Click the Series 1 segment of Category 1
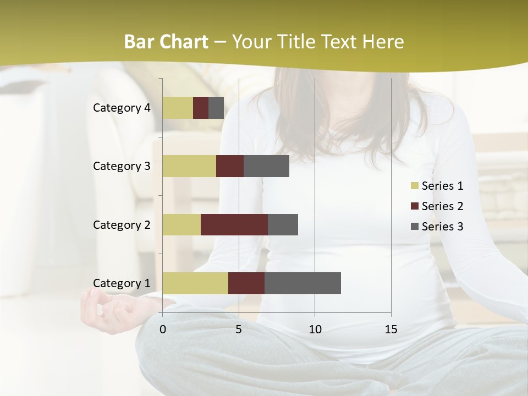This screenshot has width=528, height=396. (x=195, y=283)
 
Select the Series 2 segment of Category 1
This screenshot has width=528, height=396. (x=246, y=283)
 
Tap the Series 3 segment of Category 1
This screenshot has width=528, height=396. (x=302, y=283)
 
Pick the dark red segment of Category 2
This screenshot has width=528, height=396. (x=234, y=224)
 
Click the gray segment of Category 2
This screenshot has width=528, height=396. (x=283, y=224)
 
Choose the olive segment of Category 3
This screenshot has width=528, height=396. (x=189, y=166)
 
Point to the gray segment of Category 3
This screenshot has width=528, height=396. (x=266, y=166)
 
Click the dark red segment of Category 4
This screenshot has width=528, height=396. (x=201, y=108)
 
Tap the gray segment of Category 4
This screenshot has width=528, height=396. (x=216, y=108)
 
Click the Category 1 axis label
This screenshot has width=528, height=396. (x=122, y=283)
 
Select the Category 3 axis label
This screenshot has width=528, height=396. (x=122, y=166)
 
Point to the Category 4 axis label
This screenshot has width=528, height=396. (x=122, y=108)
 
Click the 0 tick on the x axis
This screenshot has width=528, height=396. (x=163, y=329)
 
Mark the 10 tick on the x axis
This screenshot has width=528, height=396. (x=315, y=329)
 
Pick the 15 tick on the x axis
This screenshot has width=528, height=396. (x=391, y=329)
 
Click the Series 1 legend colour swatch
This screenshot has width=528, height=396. (x=414, y=186)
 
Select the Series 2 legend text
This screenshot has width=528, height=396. (x=442, y=206)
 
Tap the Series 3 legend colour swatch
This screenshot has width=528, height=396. (x=414, y=227)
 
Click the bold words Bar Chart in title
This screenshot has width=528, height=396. (x=166, y=42)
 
